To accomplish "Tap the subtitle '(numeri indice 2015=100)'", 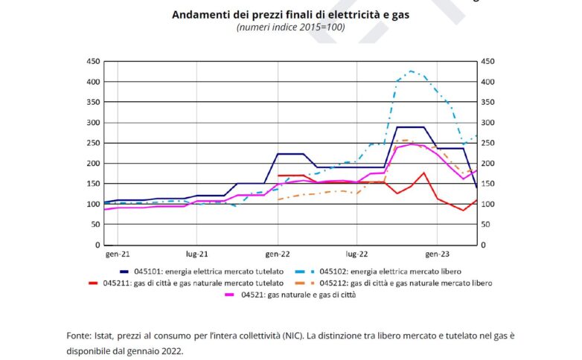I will click(x=291, y=28).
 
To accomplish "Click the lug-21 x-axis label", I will click(x=196, y=254).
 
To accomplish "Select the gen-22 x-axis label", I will click(x=278, y=254).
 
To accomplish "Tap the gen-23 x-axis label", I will click(x=437, y=254).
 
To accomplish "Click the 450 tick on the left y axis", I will click(x=93, y=61).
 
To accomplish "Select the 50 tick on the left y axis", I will click(x=95, y=225).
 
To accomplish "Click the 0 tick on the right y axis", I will click(x=485, y=245).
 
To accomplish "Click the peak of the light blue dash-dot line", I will click(x=411, y=71).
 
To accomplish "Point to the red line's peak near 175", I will click(x=423, y=173).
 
